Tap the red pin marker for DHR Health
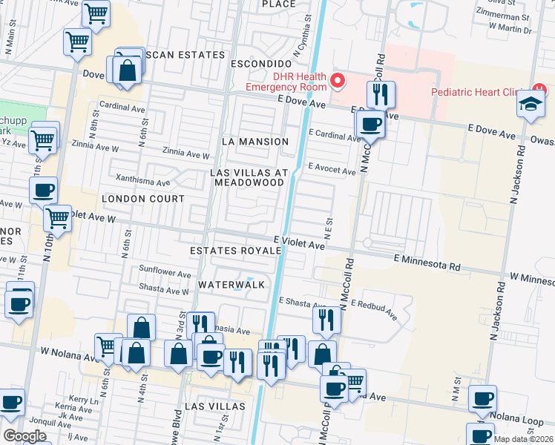click(338, 80)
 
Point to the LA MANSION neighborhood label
click(254, 142)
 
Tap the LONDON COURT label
click(143, 200)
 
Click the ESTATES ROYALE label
click(236, 251)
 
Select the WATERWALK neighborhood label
click(231, 284)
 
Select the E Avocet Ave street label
click(332, 170)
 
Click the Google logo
click(24, 436)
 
